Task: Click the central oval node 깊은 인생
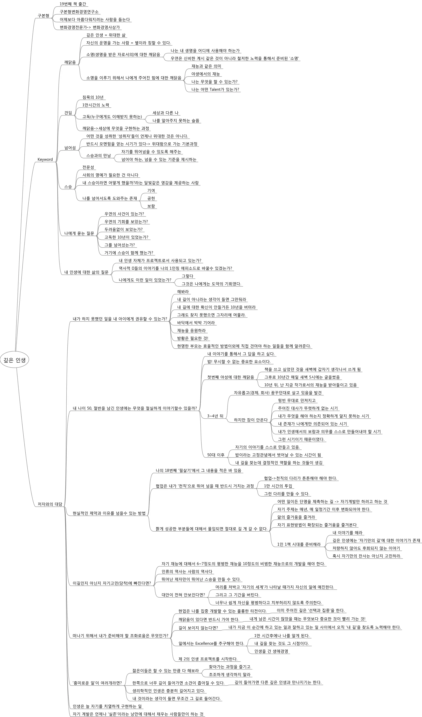click(15, 360)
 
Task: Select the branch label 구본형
click(43, 16)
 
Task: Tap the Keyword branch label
click(45, 159)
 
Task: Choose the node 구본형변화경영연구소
click(79, 12)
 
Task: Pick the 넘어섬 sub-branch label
click(70, 148)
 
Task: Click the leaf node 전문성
click(88, 167)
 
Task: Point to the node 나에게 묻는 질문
click(79, 233)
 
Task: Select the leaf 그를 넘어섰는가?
click(119, 245)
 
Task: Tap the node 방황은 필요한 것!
click(193, 338)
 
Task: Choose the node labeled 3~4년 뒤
click(215, 416)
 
